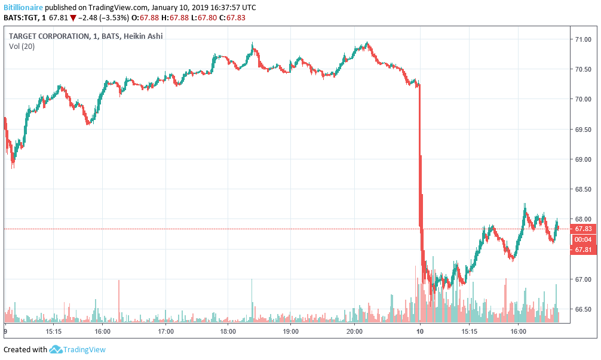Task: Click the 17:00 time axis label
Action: [165, 331]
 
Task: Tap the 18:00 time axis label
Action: [228, 331]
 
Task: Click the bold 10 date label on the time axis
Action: [419, 331]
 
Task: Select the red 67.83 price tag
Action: [583, 229]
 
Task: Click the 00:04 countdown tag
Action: [583, 239]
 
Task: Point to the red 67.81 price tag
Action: [583, 250]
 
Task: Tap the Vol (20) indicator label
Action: [22, 47]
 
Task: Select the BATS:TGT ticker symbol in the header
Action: [22, 18]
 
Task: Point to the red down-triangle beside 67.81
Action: [73, 18]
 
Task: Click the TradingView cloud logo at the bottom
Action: [56, 349]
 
